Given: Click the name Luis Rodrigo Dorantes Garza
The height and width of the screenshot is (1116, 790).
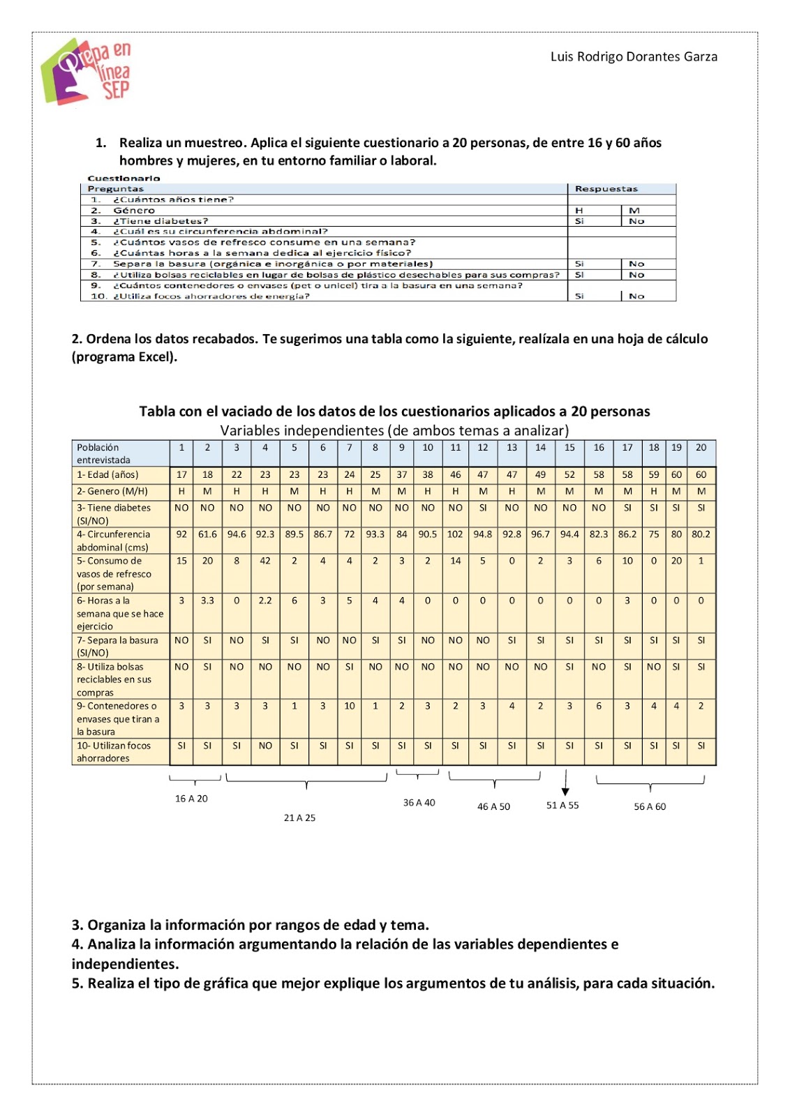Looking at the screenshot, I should (x=634, y=56).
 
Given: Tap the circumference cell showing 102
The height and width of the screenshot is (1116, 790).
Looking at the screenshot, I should (x=455, y=534).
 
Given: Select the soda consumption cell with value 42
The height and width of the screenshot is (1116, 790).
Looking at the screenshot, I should (x=265, y=561).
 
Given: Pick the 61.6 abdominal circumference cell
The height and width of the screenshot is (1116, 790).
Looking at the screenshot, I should (x=207, y=534).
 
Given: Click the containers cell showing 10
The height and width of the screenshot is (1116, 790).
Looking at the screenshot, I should (x=350, y=706).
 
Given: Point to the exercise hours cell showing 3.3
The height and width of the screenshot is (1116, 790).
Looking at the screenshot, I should (x=207, y=601).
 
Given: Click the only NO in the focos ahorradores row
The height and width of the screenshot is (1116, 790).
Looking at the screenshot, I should (x=265, y=746).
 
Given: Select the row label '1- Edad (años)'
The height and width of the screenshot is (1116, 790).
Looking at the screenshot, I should (x=107, y=475).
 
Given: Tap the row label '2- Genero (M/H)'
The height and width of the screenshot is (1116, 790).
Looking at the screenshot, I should (x=112, y=491).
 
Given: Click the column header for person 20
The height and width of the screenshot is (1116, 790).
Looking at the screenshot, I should (x=701, y=448).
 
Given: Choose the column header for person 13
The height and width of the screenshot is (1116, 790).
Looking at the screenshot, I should (x=512, y=448).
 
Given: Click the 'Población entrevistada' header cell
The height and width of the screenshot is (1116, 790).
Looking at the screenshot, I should (x=103, y=453).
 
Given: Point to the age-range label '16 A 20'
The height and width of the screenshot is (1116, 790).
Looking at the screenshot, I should (x=191, y=799).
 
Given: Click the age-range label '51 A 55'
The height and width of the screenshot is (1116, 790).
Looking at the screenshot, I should (x=562, y=805).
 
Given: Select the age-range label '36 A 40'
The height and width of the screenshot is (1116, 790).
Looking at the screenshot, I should (x=419, y=803).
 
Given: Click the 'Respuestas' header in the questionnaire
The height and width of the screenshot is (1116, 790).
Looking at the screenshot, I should (x=606, y=189).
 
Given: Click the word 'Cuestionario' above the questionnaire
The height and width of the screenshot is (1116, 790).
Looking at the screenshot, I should (x=124, y=179).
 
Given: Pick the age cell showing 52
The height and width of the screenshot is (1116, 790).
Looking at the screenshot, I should (x=569, y=475).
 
